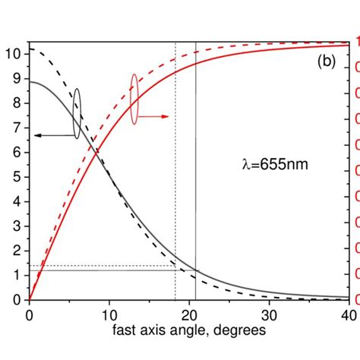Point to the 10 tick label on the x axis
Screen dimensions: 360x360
(x=109, y=315)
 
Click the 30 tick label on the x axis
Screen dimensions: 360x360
(x=269, y=315)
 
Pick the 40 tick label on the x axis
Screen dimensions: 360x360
(x=348, y=315)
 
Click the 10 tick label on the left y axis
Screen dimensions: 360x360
(x=13, y=53)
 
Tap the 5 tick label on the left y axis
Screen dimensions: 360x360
(x=16, y=176)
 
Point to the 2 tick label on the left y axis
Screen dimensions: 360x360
(x=16, y=250)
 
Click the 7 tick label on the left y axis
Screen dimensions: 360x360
(x=16, y=127)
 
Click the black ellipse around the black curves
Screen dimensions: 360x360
(x=77, y=113)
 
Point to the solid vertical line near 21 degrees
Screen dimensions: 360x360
(x=195, y=190)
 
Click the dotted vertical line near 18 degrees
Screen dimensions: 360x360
(x=175, y=190)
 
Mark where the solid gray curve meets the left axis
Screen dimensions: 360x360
(x=30, y=81)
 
